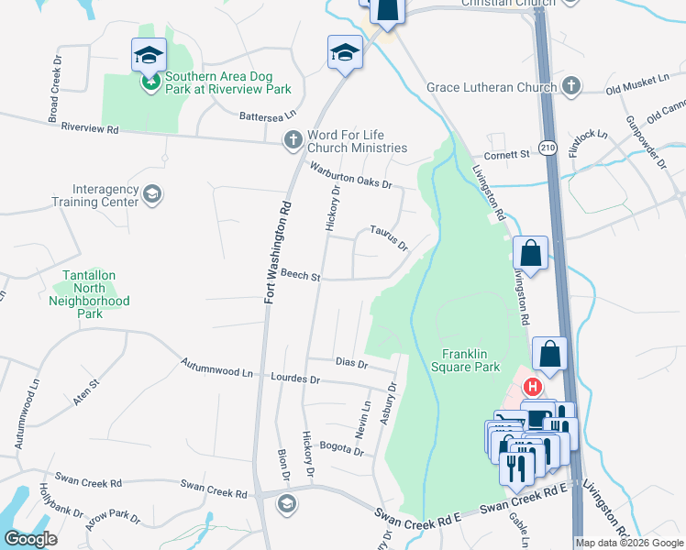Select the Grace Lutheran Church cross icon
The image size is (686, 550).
[x=571, y=87]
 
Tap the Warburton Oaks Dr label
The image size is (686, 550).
[x=350, y=175]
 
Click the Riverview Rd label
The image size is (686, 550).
[x=90, y=129]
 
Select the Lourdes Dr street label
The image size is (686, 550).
[x=296, y=378]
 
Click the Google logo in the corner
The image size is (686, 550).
[x=30, y=539]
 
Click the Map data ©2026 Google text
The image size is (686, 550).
[x=629, y=543]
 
